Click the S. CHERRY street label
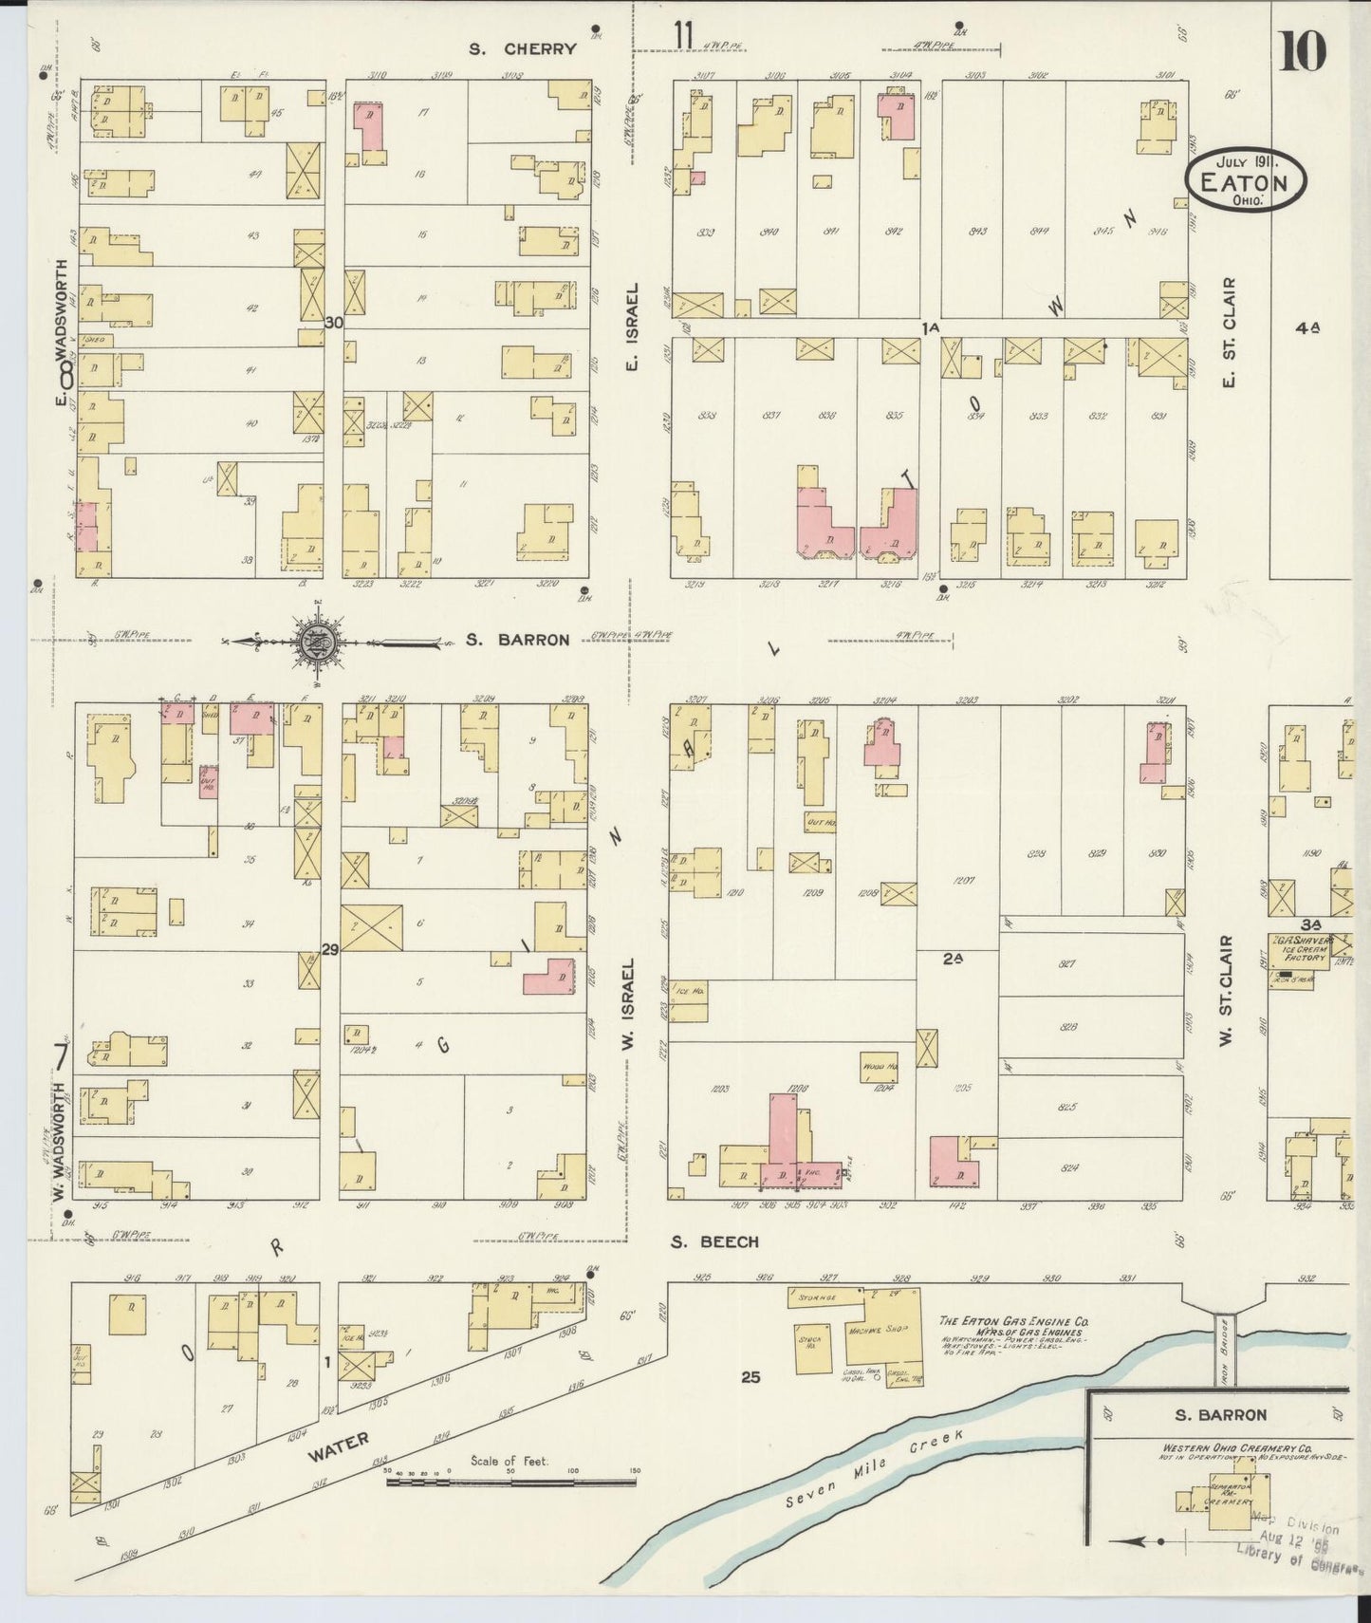(525, 49)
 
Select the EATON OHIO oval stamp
(1245, 183)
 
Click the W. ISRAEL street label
(626, 1005)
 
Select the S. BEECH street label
(714, 1241)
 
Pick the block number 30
(333, 323)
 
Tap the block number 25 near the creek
(750, 1376)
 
